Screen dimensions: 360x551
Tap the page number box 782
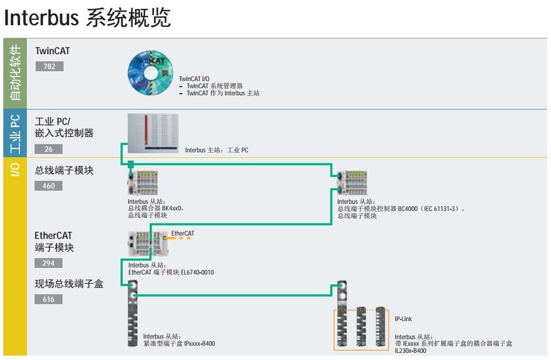click(49, 66)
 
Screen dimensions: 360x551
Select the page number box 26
click(49, 149)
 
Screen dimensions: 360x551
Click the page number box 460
click(49, 186)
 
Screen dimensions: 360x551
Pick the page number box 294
click(49, 263)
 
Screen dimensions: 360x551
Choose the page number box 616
click(49, 299)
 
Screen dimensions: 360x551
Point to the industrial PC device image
click(152, 133)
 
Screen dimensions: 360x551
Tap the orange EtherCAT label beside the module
click(183, 233)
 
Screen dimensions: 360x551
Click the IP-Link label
click(403, 319)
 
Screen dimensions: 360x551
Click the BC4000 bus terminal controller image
click(353, 182)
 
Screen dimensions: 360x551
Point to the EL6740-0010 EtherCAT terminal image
click(146, 244)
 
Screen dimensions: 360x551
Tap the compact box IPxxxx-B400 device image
click(132, 315)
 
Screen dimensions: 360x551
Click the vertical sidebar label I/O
click(15, 170)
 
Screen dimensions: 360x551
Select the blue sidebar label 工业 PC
click(15, 134)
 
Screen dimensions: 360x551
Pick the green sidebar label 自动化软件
click(15, 72)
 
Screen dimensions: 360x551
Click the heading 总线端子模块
click(64, 170)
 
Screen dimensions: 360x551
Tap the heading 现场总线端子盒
click(69, 284)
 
